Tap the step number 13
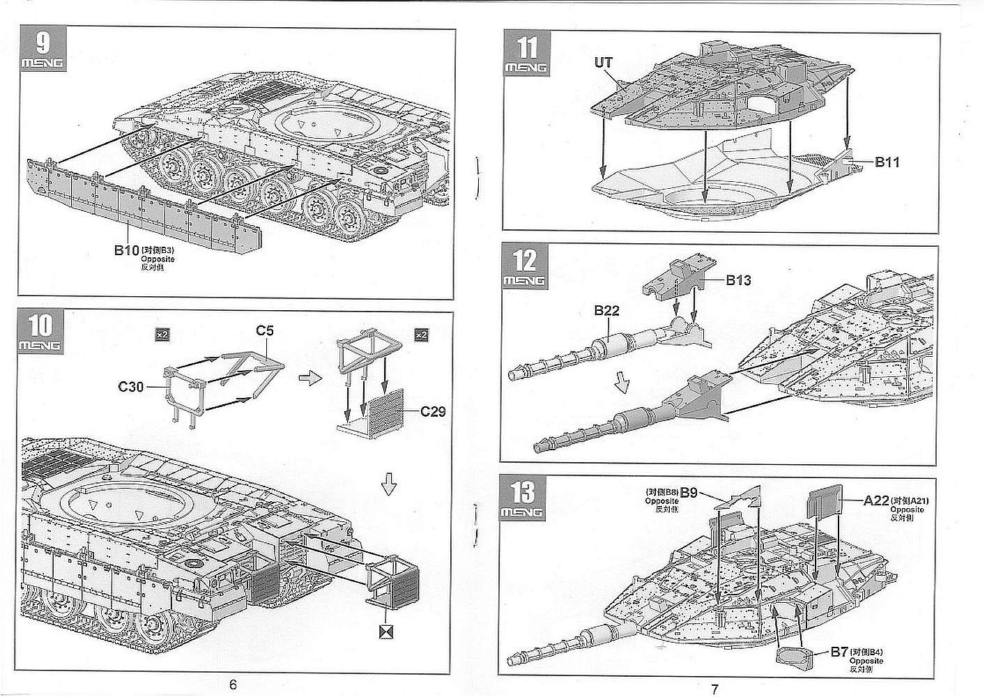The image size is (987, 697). pos(523,492)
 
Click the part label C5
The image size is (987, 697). pos(264,330)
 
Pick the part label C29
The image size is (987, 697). pos(432,411)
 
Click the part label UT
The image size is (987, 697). pos(603,63)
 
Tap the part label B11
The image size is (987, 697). pos(887,162)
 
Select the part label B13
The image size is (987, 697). pos(738,280)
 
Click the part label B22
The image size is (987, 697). pos(606,312)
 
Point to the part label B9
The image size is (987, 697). pos(689,493)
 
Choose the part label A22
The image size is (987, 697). pos(875,500)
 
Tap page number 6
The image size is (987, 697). pos(233,684)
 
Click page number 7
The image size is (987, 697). pos(714,689)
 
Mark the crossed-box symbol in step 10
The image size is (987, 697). pos(384,631)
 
